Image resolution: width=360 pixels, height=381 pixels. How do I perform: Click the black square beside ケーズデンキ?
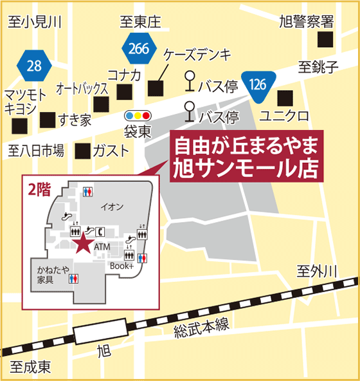point(156,87)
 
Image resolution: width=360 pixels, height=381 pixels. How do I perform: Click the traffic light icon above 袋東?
point(138,116)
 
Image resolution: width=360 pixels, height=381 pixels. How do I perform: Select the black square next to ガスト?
point(82,151)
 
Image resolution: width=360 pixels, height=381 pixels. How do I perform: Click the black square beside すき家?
point(48,120)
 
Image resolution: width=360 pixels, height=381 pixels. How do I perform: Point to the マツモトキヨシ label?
point(25,102)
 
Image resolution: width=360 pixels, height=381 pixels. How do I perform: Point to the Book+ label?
point(122,265)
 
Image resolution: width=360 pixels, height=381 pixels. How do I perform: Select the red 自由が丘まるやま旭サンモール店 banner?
point(247,156)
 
